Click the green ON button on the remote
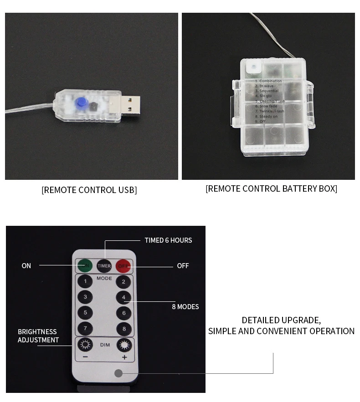(85, 265)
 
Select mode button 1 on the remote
(85, 281)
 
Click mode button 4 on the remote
(123, 297)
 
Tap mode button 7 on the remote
(85, 329)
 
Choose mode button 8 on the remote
(123, 329)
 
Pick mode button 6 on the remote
(123, 313)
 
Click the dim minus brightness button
(85, 345)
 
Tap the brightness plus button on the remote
(123, 345)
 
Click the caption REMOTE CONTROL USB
(89, 190)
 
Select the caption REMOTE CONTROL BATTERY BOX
(271, 188)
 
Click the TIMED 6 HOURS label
(168, 240)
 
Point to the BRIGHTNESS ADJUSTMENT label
(38, 336)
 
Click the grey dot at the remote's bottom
(118, 373)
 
